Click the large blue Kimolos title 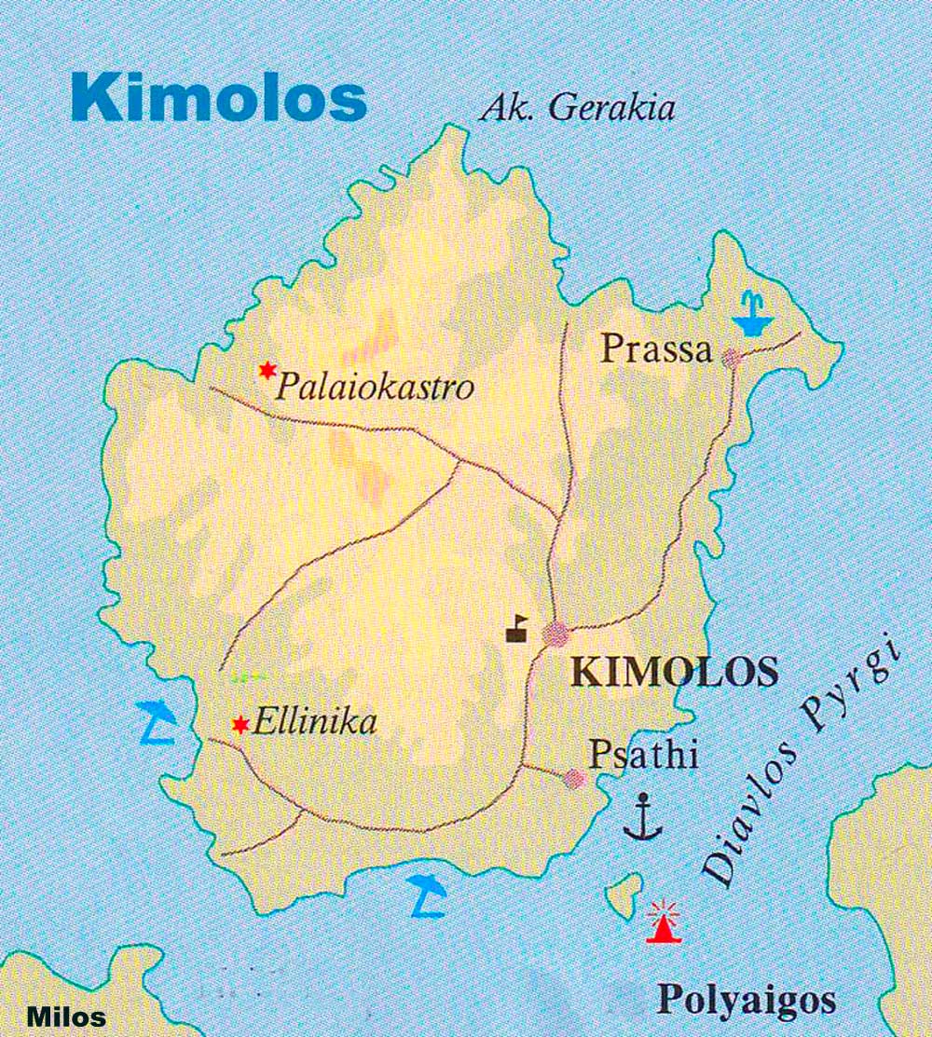coord(218,98)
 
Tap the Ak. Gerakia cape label coord(578,108)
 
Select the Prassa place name coord(656,349)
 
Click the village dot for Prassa coord(733,357)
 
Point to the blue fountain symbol coord(753,314)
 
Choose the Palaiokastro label coord(375,386)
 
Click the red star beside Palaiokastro coord(267,371)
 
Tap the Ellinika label coord(315,722)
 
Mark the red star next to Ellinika coord(240,724)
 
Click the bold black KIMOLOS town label coord(674,671)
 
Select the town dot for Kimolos coord(556,634)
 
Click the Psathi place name coord(644,754)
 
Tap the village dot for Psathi coord(575,779)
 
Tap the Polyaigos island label coord(747,1001)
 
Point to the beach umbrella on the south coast coord(428,894)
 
